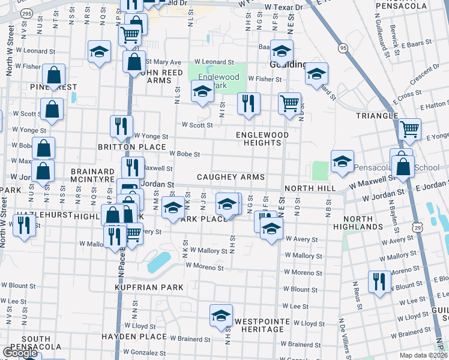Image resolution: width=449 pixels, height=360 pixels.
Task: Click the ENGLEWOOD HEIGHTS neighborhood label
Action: pyautogui.click(x=262, y=139)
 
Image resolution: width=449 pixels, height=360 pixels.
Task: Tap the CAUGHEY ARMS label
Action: pyautogui.click(x=231, y=178)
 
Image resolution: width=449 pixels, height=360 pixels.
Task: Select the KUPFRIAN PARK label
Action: pyautogui.click(x=149, y=287)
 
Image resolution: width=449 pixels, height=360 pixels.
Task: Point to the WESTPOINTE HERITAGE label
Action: pyautogui.click(x=259, y=325)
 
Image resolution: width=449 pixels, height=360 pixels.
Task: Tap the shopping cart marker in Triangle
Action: pyautogui.click(x=409, y=128)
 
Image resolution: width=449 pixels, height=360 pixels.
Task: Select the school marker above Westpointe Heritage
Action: pyautogui.click(x=221, y=315)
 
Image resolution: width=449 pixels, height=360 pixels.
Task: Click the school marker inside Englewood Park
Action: pyautogui.click(x=202, y=92)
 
